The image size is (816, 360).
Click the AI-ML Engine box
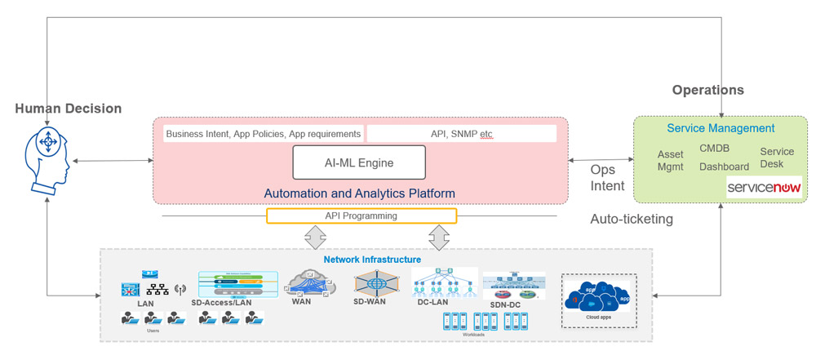pyautogui.click(x=359, y=162)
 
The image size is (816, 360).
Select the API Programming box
pyautogui.click(x=361, y=216)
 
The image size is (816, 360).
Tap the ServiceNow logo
pyautogui.click(x=764, y=188)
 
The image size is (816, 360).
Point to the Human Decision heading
pyautogui.click(x=68, y=109)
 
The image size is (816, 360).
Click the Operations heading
pyautogui.click(x=707, y=90)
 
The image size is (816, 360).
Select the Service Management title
pyautogui.click(x=721, y=128)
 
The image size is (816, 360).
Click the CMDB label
pyautogui.click(x=714, y=149)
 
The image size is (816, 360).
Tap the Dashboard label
pyautogui.click(x=724, y=167)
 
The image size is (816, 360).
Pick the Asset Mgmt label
pyautogui.click(x=671, y=161)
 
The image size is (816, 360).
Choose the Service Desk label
pyautogui.click(x=776, y=158)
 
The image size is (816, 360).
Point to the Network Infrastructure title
pyautogui.click(x=371, y=260)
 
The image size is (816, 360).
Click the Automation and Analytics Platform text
pyautogui.click(x=359, y=193)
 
